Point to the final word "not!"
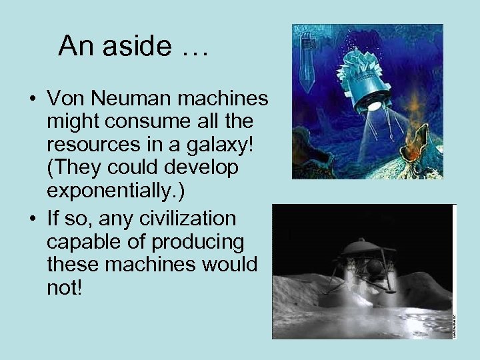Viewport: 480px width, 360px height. [x=63, y=287]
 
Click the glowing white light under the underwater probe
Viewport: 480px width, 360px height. [x=375, y=105]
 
